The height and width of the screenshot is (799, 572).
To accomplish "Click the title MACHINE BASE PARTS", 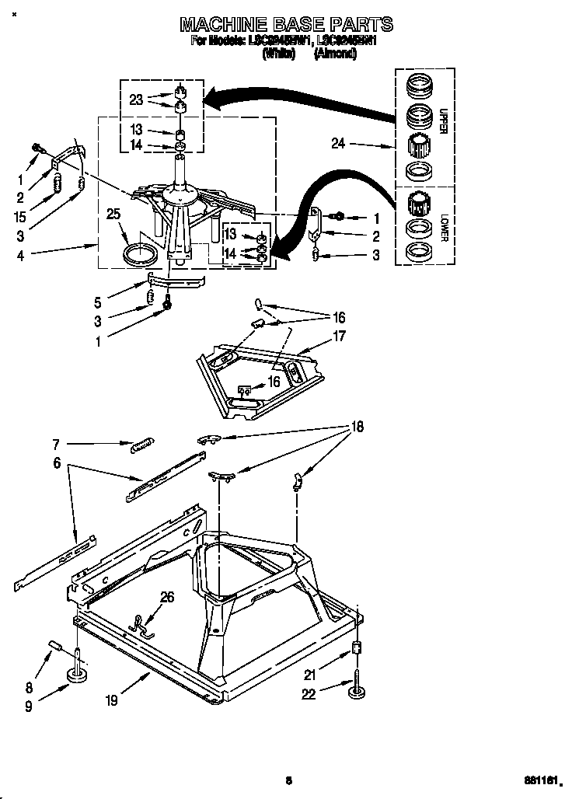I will (286, 25).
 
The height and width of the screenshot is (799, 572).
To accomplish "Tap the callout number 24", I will (337, 143).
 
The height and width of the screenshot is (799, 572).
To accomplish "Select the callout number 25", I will (113, 214).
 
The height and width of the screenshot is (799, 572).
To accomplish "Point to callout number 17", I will (340, 337).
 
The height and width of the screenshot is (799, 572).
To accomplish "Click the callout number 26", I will (167, 598).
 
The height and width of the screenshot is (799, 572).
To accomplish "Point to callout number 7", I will (56, 445).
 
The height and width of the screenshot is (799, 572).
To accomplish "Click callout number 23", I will (137, 100).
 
